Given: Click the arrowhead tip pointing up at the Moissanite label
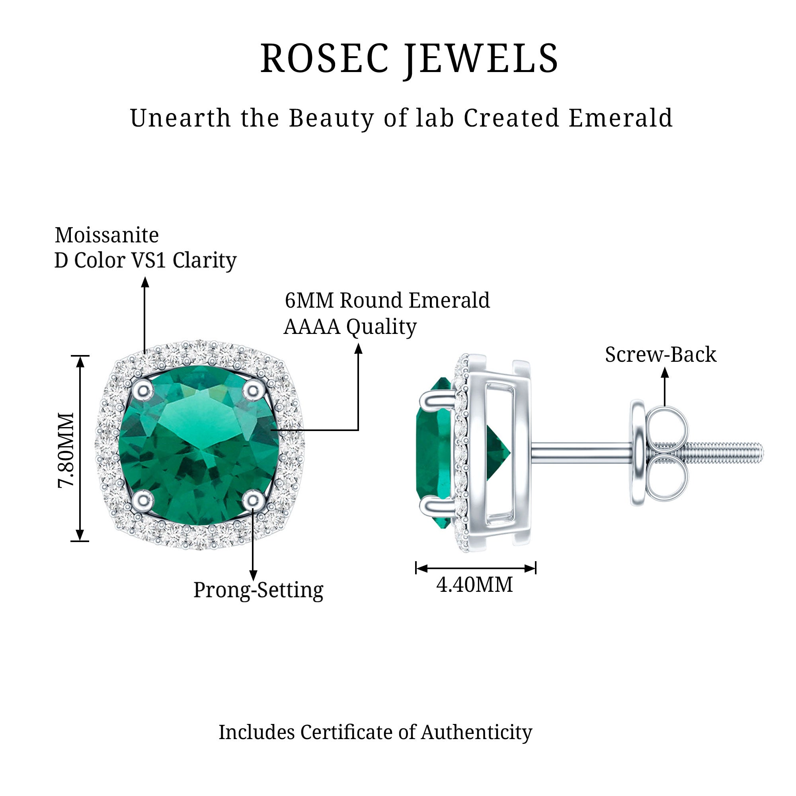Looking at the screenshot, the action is click(x=145, y=277).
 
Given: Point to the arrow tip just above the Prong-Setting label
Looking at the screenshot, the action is click(x=254, y=581).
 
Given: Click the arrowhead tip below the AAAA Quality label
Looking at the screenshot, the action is click(x=359, y=343).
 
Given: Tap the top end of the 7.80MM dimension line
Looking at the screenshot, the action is click(x=80, y=356).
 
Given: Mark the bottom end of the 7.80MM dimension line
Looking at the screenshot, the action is click(x=80, y=541).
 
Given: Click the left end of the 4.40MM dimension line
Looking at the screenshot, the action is click(x=416, y=568).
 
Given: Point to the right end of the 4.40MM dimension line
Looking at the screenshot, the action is click(x=535, y=568).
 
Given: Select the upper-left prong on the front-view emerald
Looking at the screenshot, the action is click(x=142, y=389).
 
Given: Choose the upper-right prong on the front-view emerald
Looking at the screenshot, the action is click(x=253, y=389).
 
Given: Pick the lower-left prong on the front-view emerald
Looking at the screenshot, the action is click(x=142, y=500).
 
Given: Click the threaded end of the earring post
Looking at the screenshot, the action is click(x=725, y=452).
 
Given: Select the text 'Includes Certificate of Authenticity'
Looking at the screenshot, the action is click(x=375, y=732).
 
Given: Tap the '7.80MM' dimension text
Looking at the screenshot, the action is click(x=66, y=450).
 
